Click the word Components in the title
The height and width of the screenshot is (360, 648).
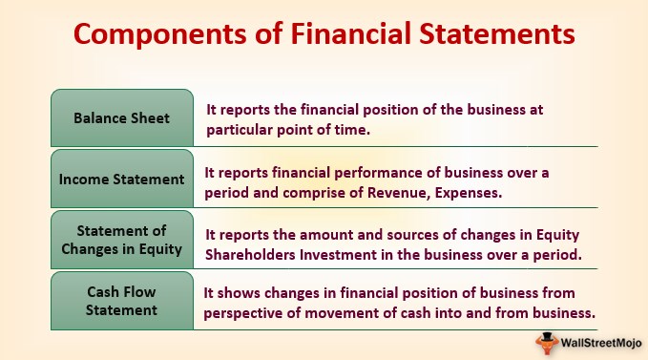[x=160, y=34]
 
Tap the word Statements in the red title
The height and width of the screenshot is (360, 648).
[x=497, y=33]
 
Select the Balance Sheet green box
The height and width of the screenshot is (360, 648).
[x=122, y=117]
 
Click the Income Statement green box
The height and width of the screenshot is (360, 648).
[x=122, y=179]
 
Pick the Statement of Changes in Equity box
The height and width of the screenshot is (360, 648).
[x=122, y=240]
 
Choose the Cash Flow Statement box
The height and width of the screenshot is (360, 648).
[x=122, y=301]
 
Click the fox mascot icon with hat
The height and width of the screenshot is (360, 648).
[x=546, y=343]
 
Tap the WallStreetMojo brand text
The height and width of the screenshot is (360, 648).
[x=601, y=343]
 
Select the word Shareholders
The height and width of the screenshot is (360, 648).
[x=250, y=255]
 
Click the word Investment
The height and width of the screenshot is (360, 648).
[x=338, y=255]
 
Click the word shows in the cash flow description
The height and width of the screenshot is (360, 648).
[x=239, y=293]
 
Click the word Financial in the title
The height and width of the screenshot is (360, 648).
[x=351, y=33]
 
